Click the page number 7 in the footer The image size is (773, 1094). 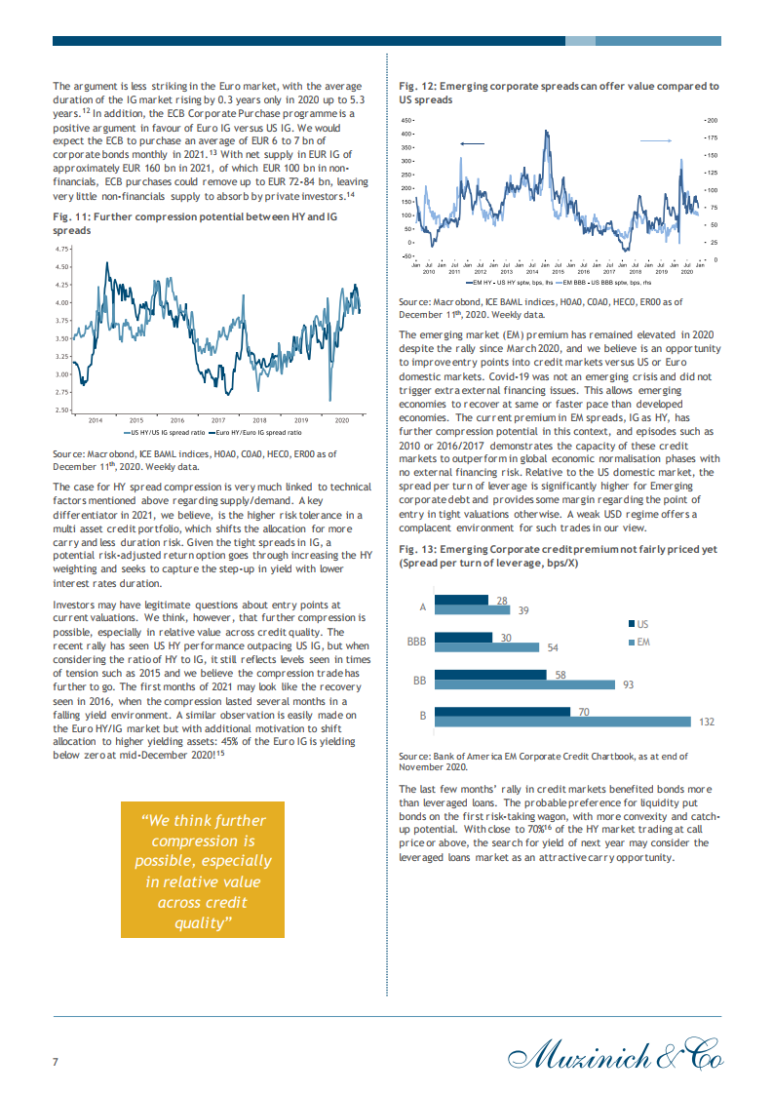[x=56, y=1062]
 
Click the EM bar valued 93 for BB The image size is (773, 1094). [x=526, y=684]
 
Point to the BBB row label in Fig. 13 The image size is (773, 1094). [x=416, y=642]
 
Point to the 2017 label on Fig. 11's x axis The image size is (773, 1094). [x=218, y=420]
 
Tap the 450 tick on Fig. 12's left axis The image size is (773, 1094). [x=407, y=120]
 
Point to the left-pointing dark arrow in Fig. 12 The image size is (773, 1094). [x=472, y=143]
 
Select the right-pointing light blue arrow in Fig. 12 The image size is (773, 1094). [x=656, y=141]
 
